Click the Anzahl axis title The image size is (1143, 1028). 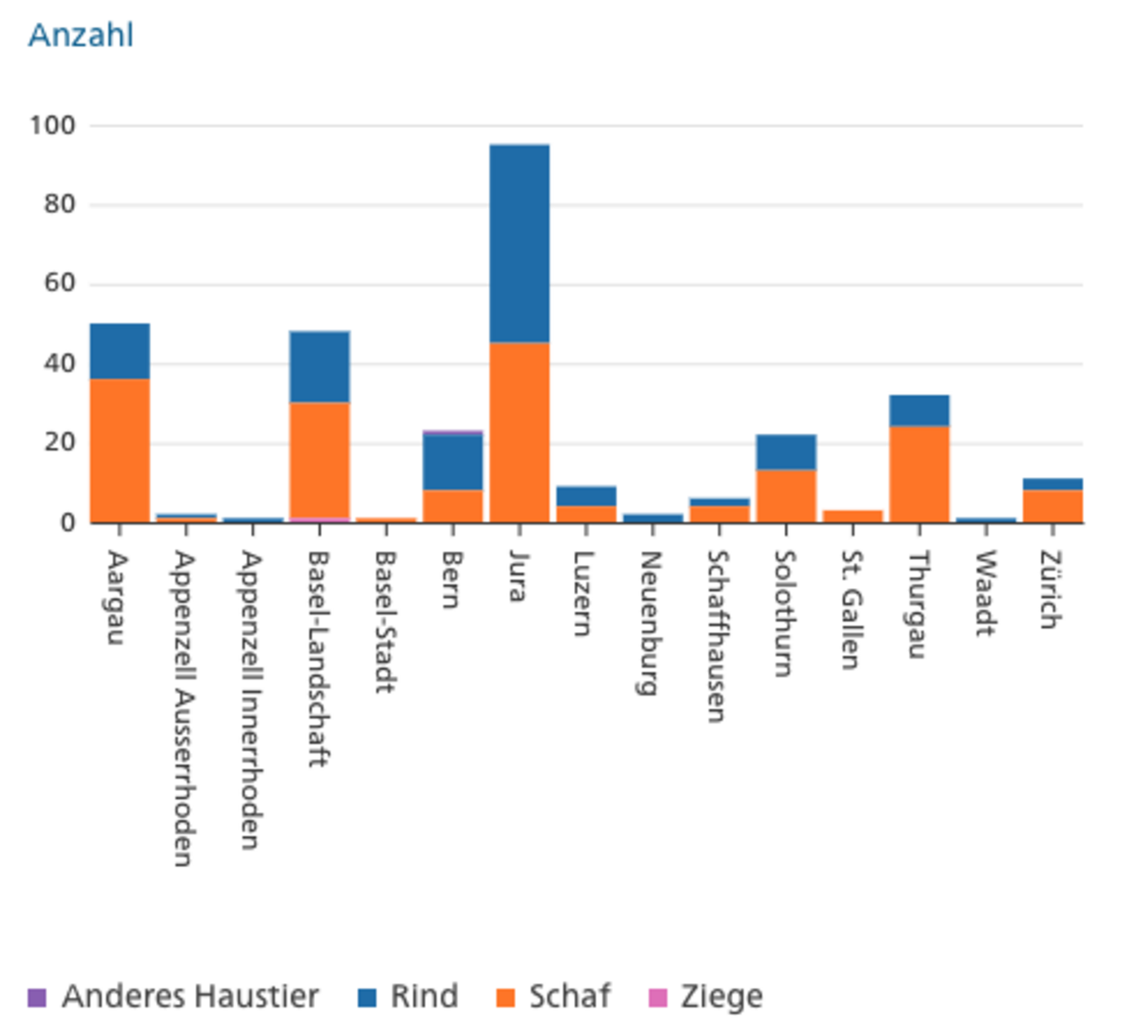(80, 35)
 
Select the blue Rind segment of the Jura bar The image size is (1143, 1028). (519, 243)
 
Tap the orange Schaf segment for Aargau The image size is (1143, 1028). (119, 451)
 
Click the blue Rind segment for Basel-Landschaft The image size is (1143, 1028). (319, 367)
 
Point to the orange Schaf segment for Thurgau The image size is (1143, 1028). (919, 474)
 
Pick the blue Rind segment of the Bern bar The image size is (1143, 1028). (452, 462)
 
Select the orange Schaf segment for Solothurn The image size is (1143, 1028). (786, 496)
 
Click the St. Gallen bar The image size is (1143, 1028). (852, 516)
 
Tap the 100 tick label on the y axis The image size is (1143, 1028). (52, 126)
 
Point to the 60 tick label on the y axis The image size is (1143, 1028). (60, 284)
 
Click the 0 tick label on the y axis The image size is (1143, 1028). (68, 523)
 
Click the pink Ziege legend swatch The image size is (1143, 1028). (657, 998)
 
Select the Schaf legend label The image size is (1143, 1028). (569, 997)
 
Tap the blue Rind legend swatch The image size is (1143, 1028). (367, 998)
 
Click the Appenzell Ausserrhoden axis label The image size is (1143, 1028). (185, 708)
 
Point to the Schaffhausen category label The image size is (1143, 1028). (716, 636)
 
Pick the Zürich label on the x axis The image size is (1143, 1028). (1051, 590)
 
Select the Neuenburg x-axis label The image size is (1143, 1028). (648, 623)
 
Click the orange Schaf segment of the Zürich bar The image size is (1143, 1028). (1052, 505)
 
